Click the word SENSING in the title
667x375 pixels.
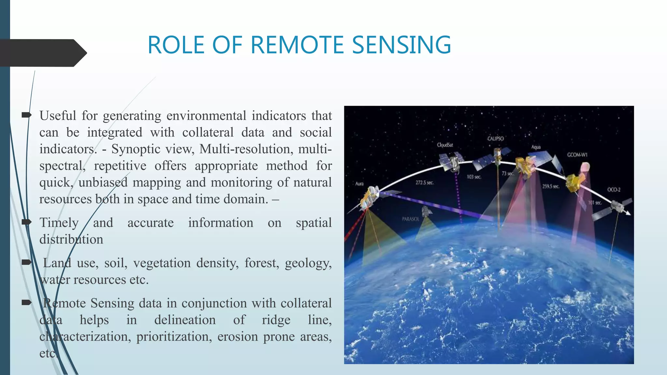pos(401,45)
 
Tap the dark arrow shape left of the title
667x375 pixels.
pos(42,53)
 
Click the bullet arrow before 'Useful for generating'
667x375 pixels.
pos(26,115)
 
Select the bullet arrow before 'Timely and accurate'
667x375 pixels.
pos(26,222)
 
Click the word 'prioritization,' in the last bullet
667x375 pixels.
pos(174,337)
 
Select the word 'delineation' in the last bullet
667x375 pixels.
pos(185,320)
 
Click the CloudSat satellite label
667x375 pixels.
pos(445,145)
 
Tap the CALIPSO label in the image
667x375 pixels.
pos(495,139)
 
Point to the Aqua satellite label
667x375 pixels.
pos(536,147)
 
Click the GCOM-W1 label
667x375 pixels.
pos(577,155)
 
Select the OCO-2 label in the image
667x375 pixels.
pos(614,189)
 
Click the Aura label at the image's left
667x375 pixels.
pos(359,184)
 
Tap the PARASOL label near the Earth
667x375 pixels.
pos(410,219)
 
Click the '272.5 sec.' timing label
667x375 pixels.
pos(424,183)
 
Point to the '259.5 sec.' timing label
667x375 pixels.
pos(550,187)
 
